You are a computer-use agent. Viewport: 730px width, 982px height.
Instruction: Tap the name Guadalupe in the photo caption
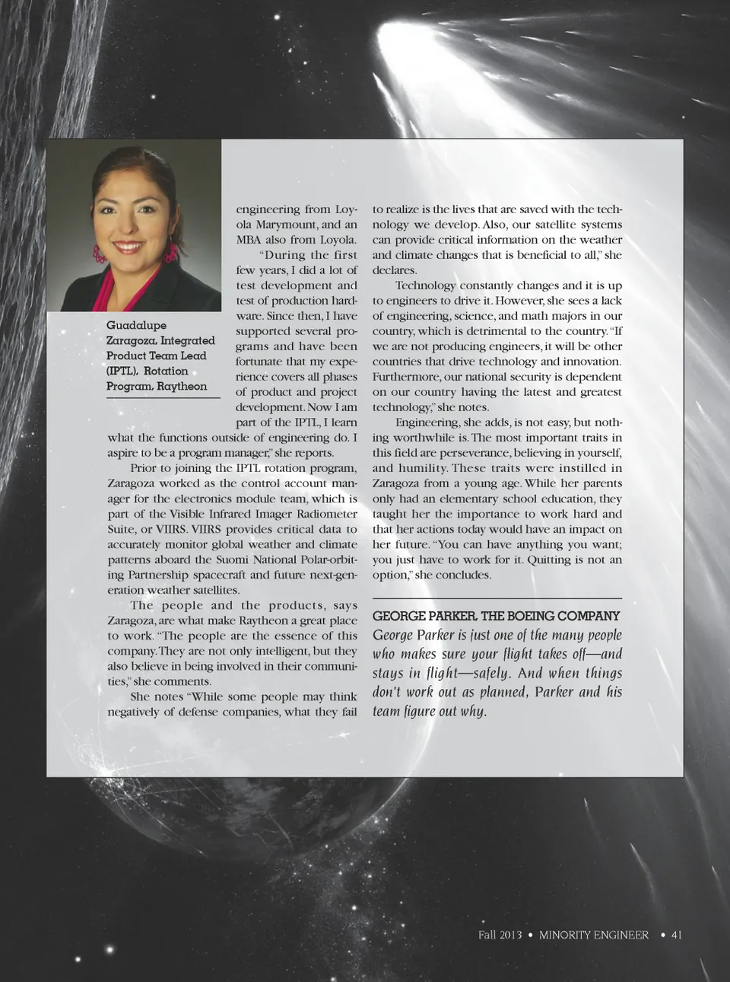pyautogui.click(x=136, y=326)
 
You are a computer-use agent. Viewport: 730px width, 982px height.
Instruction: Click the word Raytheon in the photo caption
pyautogui.click(x=182, y=387)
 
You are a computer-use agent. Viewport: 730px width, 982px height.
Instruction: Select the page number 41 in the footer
pyautogui.click(x=676, y=935)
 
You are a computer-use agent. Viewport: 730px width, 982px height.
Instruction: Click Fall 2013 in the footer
pyautogui.click(x=500, y=935)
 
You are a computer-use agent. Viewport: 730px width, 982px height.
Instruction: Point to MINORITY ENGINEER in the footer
pyautogui.click(x=594, y=935)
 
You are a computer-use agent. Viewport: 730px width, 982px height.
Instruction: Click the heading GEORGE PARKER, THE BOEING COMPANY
pyautogui.click(x=496, y=616)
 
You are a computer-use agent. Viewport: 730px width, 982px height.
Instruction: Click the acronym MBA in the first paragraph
pyautogui.click(x=249, y=240)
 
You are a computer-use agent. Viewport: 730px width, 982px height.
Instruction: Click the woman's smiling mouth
pyautogui.click(x=129, y=247)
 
